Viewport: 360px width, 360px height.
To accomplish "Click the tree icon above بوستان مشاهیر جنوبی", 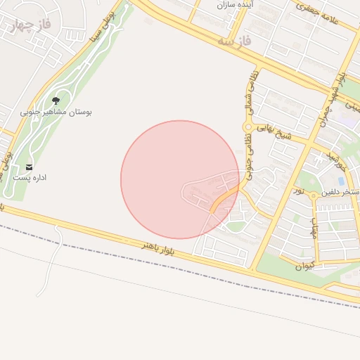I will pyautogui.click(x=56, y=101).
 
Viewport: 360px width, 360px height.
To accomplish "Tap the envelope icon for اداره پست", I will pyautogui.click(x=30, y=167).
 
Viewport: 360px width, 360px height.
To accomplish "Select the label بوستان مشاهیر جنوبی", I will pyautogui.click(x=56, y=112).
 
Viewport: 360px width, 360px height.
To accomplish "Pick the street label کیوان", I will pyautogui.click(x=304, y=266).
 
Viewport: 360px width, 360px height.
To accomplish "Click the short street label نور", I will pyautogui.click(x=299, y=191).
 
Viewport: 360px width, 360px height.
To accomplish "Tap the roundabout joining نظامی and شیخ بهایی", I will pyautogui.click(x=247, y=127).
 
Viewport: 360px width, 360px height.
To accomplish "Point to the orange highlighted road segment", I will pyautogui.click(x=224, y=200).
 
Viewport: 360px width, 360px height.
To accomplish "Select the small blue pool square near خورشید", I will pyautogui.click(x=341, y=181).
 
